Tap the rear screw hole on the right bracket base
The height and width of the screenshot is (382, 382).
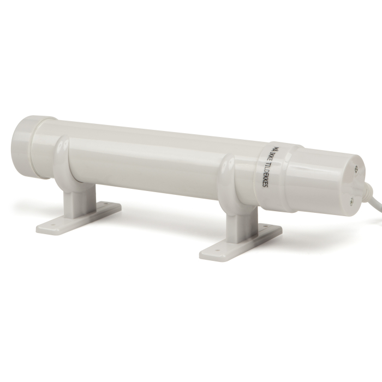click(x=273, y=229)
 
